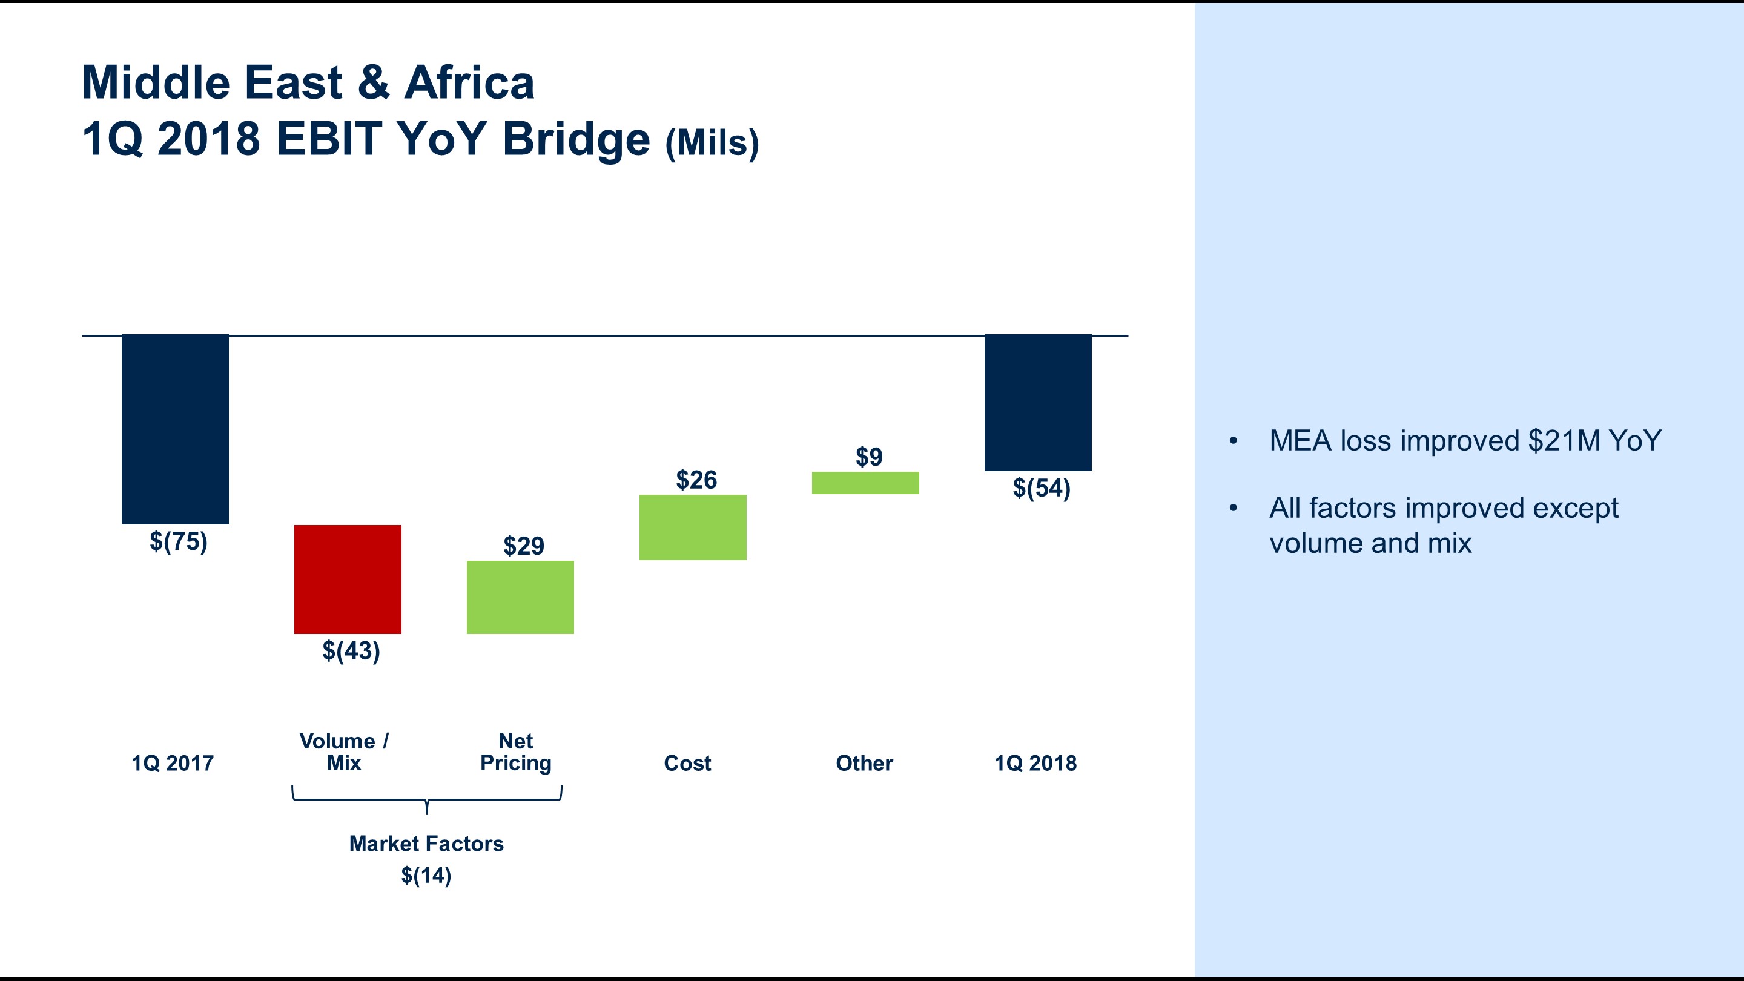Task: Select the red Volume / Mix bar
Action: click(x=348, y=579)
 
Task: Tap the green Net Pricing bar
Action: click(x=520, y=597)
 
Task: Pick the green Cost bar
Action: click(x=693, y=527)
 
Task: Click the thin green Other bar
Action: click(x=865, y=483)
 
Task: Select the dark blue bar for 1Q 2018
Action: click(x=1037, y=403)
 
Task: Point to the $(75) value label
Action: click(x=178, y=541)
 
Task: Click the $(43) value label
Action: click(x=351, y=652)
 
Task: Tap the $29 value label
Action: click(x=523, y=546)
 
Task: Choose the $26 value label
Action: click(x=696, y=480)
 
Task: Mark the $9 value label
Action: click(x=868, y=457)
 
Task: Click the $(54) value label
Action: click(x=1042, y=488)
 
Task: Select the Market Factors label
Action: click(x=426, y=844)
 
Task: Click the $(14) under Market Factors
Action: click(x=426, y=876)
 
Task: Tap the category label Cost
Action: click(x=687, y=763)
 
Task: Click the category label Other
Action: click(x=864, y=763)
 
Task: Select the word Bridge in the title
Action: click(x=576, y=140)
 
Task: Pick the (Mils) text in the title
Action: click(x=712, y=143)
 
